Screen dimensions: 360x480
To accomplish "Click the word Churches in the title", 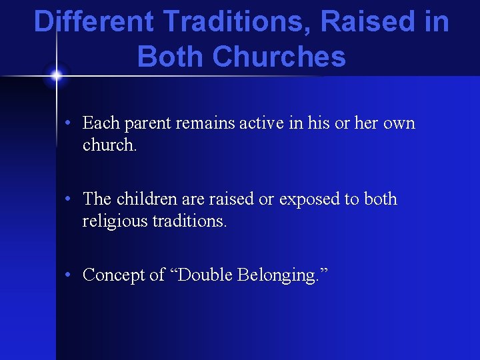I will coord(279,57).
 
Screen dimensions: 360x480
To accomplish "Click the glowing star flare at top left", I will coord(56,75).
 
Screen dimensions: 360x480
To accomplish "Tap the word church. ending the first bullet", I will coord(109,145).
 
